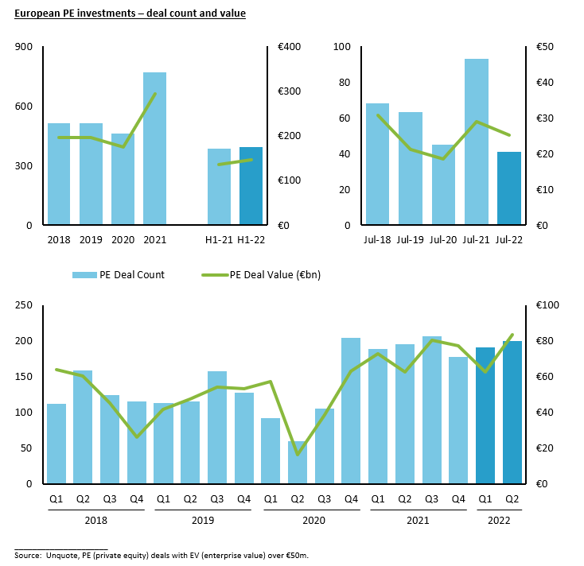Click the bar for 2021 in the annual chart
154,149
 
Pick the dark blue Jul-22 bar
509,188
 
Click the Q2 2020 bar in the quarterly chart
298,463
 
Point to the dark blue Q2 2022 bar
512,413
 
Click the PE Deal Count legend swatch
84,275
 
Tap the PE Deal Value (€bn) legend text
274,275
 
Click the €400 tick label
290,47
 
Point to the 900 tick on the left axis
24,47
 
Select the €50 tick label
547,47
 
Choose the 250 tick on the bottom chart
24,305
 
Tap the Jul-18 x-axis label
377,238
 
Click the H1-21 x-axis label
219,238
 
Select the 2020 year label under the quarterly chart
310,520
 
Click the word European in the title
38,14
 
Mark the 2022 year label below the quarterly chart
498,520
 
